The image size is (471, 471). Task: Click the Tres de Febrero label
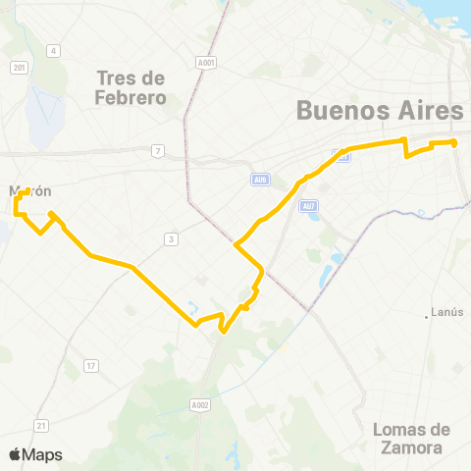pos(131,87)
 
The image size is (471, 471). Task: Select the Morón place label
pos(29,191)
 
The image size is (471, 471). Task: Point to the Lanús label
pos(448,313)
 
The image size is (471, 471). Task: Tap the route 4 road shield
pos(54,50)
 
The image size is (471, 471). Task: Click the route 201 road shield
pos(20,67)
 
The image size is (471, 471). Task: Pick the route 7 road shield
pos(157,150)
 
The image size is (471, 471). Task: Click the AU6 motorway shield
pos(260,180)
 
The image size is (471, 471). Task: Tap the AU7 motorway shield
pos(309,205)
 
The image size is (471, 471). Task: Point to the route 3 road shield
pos(171,238)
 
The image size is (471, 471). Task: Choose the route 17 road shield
pos(90,366)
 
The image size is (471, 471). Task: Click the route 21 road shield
pos(40,425)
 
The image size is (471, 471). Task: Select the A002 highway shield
pos(200,404)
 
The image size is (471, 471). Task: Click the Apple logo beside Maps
pos(16,454)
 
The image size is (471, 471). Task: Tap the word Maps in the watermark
pos(42,454)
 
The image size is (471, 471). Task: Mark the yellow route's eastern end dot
pos(454,143)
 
